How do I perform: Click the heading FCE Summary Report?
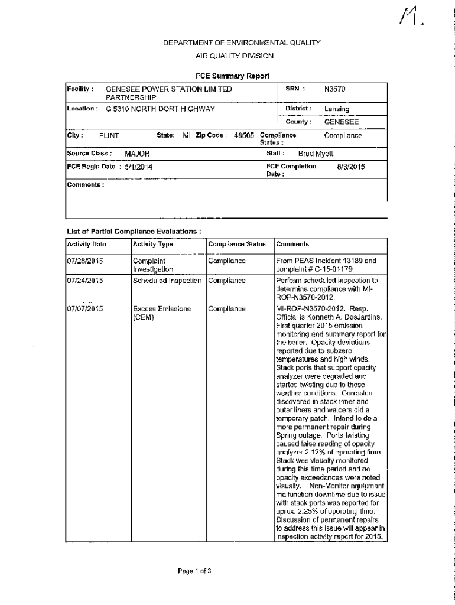232,76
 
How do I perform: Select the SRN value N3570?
334,89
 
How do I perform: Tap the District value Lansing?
336,109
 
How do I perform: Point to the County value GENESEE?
342,122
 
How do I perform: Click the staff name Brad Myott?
316,154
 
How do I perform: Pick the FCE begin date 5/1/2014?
139,167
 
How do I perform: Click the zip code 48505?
244,135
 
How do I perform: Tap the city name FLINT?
109,136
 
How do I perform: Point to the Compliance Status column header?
237,244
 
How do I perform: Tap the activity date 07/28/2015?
86,261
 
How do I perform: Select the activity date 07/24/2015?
86,281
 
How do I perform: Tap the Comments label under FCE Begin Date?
86,185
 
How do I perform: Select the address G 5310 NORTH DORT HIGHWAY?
160,109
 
